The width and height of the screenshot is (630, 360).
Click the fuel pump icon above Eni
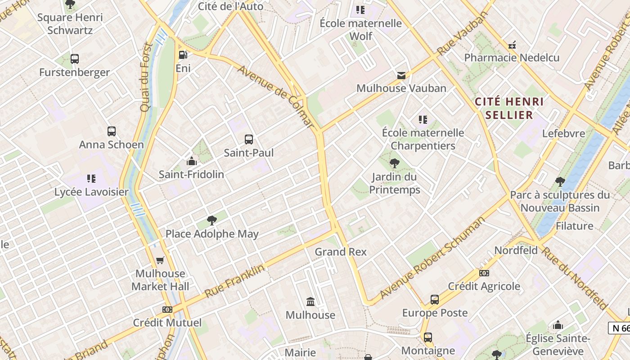(x=183, y=55)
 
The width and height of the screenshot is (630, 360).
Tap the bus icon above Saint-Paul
(x=249, y=139)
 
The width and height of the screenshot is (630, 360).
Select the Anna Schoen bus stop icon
(x=112, y=131)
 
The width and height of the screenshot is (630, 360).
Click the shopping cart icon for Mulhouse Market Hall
(x=160, y=260)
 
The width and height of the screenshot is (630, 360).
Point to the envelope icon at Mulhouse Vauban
(x=401, y=75)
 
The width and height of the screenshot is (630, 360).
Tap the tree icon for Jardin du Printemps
(x=395, y=163)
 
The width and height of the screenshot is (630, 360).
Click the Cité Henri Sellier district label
(x=509, y=108)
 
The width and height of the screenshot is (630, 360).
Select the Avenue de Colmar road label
(x=274, y=96)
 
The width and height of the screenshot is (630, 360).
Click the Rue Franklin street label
(x=234, y=281)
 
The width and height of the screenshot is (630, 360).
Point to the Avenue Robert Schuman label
(x=432, y=258)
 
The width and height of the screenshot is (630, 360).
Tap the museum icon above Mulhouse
(x=310, y=301)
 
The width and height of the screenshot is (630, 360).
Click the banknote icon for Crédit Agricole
(x=484, y=273)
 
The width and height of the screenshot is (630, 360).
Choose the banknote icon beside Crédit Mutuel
(x=167, y=310)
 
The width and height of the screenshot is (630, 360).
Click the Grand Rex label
(x=341, y=252)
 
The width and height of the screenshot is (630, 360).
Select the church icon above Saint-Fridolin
(x=192, y=161)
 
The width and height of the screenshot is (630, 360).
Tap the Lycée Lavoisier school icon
(x=91, y=179)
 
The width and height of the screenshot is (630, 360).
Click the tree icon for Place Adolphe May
(x=212, y=220)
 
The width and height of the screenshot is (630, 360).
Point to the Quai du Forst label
(x=145, y=77)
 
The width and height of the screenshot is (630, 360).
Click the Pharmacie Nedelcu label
(x=512, y=58)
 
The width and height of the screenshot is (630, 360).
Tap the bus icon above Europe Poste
(x=435, y=300)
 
